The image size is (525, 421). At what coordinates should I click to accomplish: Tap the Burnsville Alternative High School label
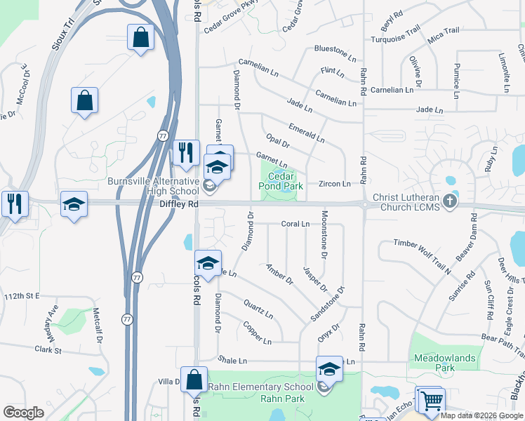tap(154, 186)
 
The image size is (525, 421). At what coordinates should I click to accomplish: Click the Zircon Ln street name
tap(335, 184)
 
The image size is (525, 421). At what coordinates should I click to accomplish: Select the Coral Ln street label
tap(295, 225)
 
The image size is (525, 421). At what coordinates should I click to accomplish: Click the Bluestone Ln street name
tap(331, 50)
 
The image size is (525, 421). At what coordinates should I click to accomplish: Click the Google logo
tap(24, 412)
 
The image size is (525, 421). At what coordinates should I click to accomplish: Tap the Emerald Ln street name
tap(306, 133)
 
